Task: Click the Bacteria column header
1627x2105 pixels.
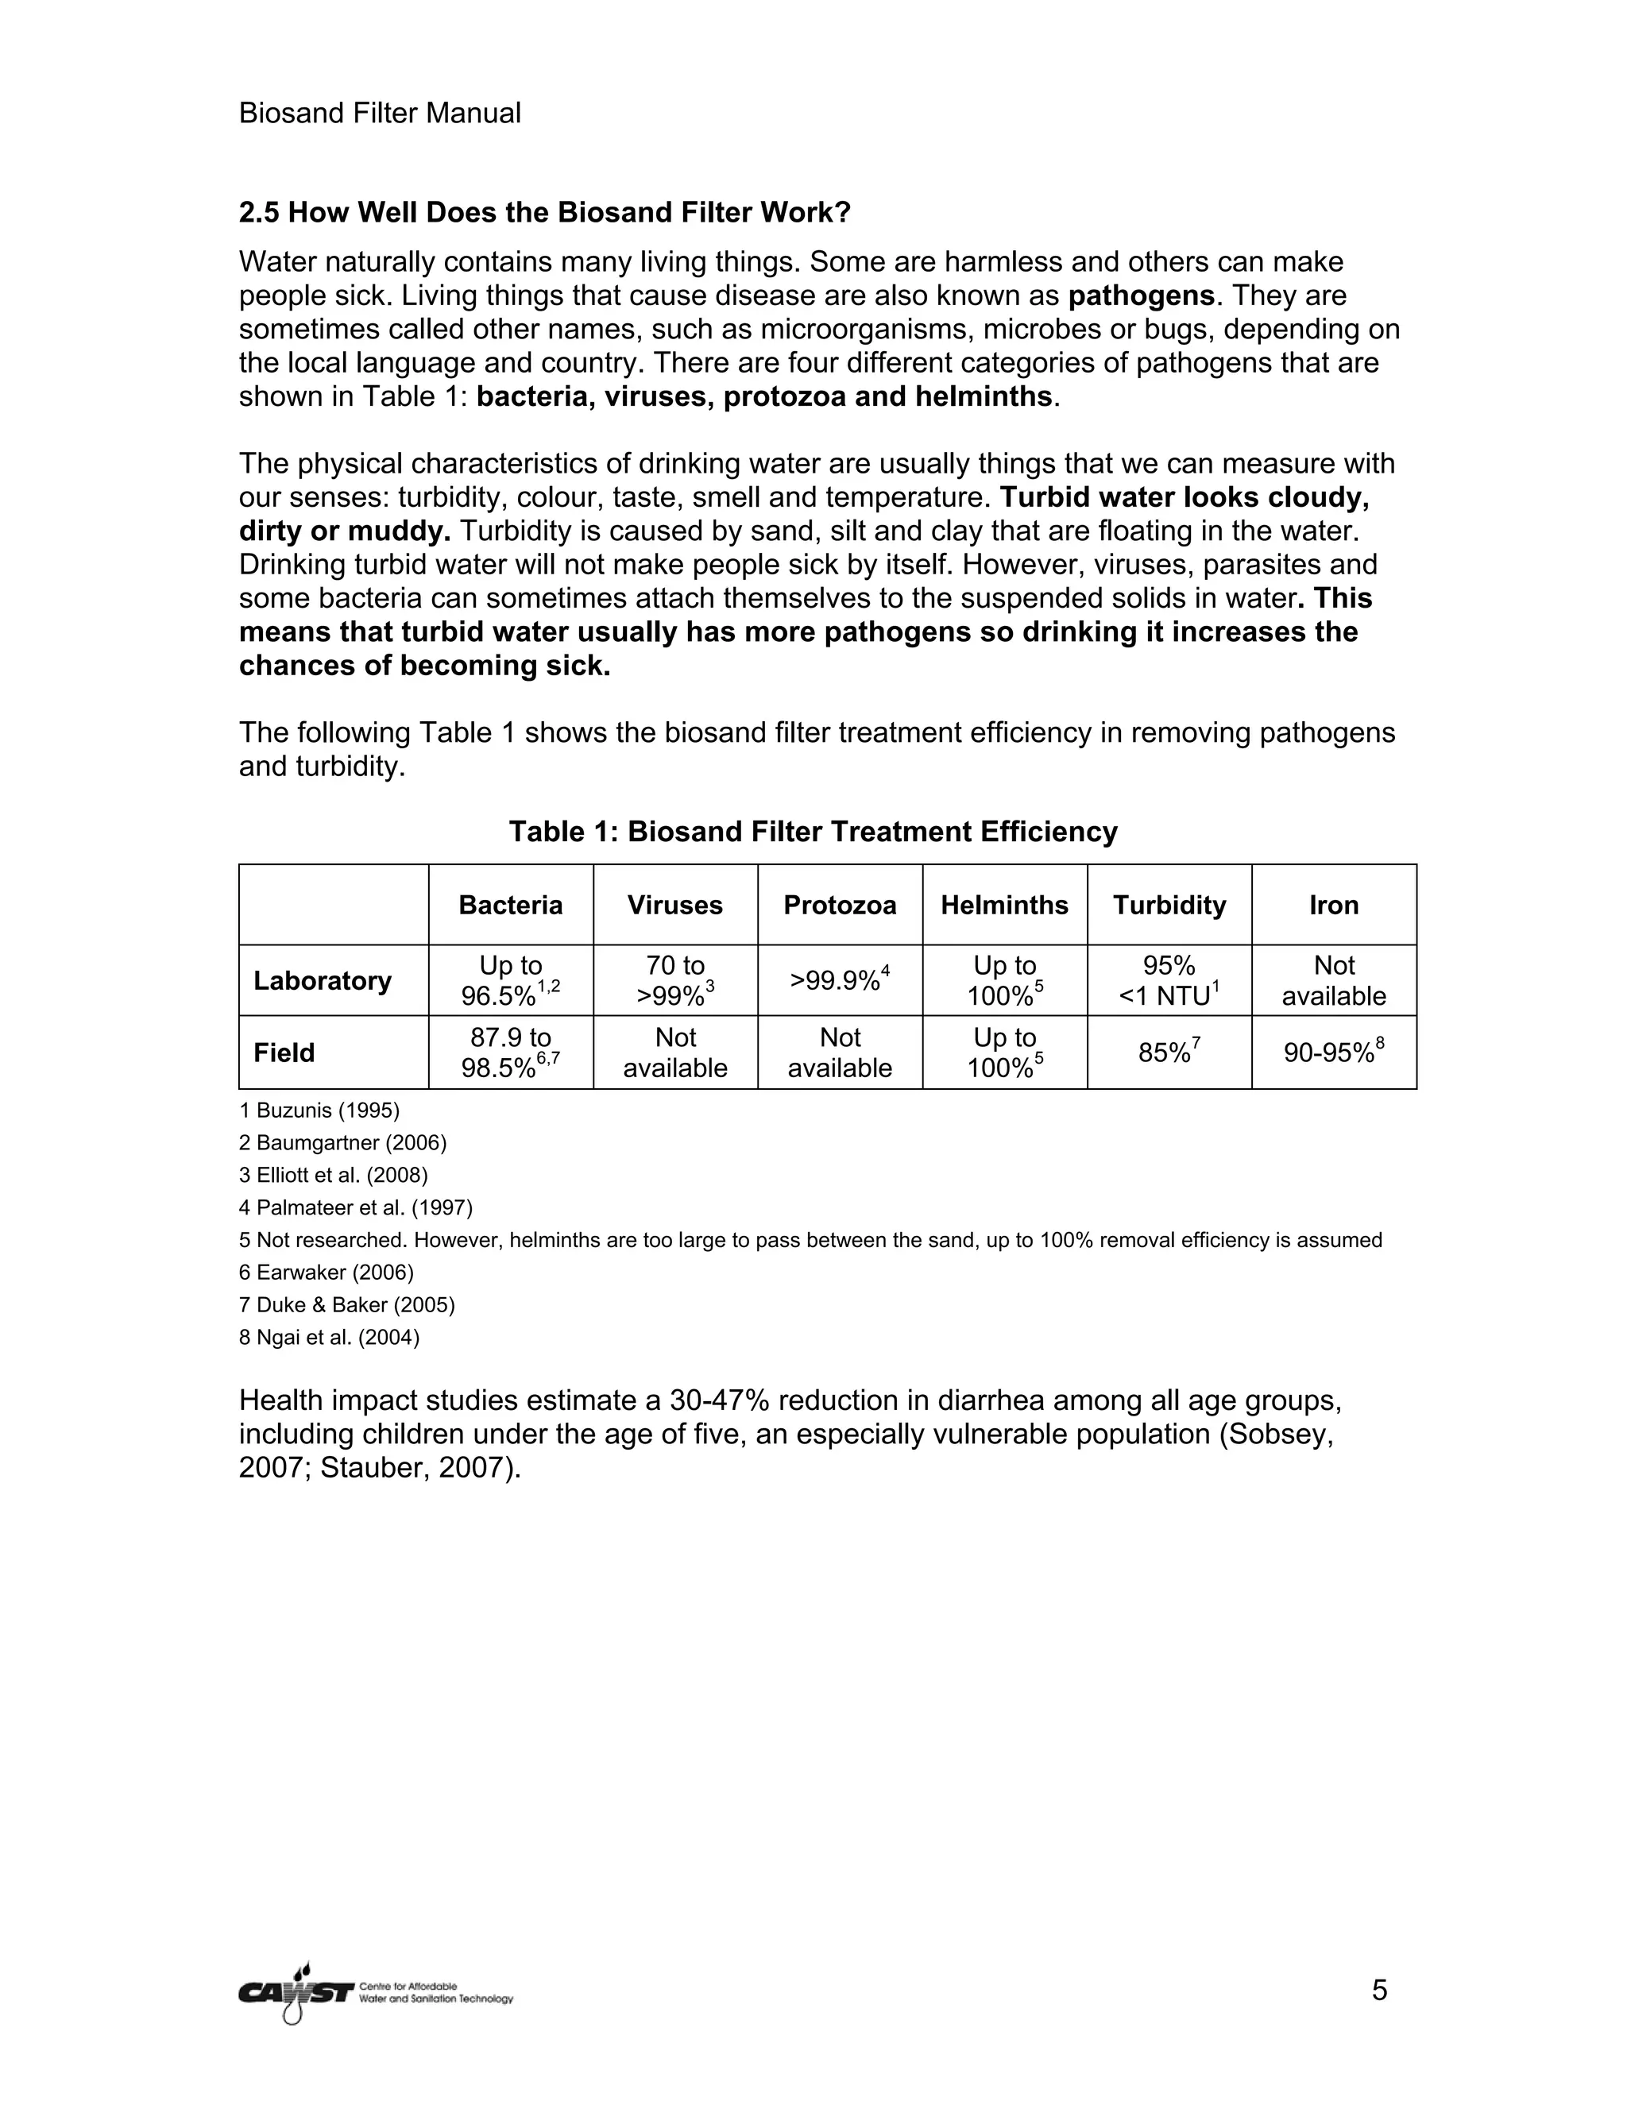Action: point(510,905)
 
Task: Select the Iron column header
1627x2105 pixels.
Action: point(1333,905)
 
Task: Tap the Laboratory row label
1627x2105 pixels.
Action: point(322,980)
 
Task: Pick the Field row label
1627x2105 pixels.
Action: point(284,1052)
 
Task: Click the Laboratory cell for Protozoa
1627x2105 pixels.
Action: point(840,980)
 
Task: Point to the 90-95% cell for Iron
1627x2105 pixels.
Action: point(1333,1052)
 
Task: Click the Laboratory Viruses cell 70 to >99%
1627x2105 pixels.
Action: point(674,980)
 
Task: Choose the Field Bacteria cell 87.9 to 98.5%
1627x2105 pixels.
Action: point(510,1052)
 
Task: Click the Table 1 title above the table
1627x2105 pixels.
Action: point(813,831)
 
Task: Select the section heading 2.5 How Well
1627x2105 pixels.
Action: point(544,212)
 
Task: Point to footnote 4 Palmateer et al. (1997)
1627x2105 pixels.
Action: point(356,1207)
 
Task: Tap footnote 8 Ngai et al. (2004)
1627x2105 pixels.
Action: point(329,1337)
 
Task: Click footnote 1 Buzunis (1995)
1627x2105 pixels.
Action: point(319,1110)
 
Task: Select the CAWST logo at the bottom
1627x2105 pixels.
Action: point(375,1992)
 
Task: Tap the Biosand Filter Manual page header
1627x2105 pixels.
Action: point(380,114)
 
